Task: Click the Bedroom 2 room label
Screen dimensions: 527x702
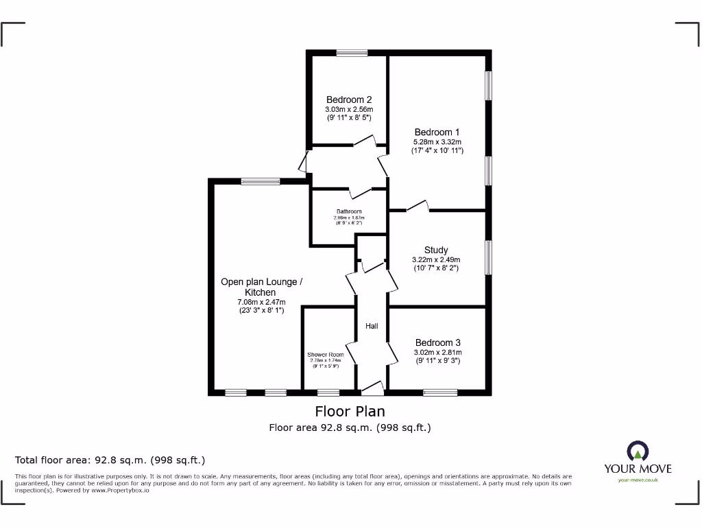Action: click(x=349, y=99)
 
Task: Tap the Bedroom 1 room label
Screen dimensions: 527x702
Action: click(x=437, y=132)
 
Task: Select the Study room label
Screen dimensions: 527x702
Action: click(x=436, y=250)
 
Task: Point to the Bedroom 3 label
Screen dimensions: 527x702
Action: click(x=437, y=342)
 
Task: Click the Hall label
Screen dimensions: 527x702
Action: click(x=371, y=326)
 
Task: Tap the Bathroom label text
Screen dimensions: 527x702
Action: click(x=349, y=211)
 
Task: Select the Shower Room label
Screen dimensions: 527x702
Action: click(x=326, y=355)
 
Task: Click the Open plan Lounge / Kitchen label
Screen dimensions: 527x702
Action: click(x=261, y=287)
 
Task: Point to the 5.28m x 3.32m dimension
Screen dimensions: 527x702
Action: click(x=437, y=141)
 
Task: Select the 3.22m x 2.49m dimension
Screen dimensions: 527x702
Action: click(x=436, y=259)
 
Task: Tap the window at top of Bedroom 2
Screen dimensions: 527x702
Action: click(x=352, y=53)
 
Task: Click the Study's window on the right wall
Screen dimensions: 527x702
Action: click(x=488, y=257)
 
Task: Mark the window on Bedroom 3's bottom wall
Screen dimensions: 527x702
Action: click(x=439, y=393)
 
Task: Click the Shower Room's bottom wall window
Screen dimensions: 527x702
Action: click(x=328, y=393)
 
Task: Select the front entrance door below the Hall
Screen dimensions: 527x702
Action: click(x=372, y=390)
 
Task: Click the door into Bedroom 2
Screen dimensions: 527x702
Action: click(x=364, y=142)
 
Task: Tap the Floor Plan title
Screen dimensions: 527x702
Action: click(x=350, y=411)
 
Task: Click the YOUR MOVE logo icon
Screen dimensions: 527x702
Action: click(x=638, y=451)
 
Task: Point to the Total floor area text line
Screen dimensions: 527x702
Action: click(x=110, y=460)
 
